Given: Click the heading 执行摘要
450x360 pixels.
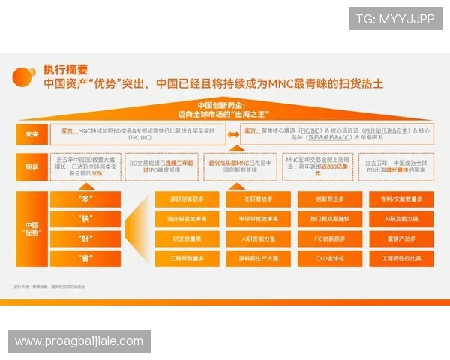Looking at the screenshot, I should pyautogui.click(x=66, y=69).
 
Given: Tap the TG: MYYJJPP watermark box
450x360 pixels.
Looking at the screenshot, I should pyautogui.click(x=395, y=18).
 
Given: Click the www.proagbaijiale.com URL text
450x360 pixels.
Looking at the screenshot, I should pyautogui.click(x=79, y=341).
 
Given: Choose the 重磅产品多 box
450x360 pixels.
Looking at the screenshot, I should pyautogui.click(x=403, y=238).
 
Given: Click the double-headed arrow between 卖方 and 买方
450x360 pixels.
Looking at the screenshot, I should pyautogui.click(x=233, y=134).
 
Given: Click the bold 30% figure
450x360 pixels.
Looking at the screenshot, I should pyautogui.click(x=97, y=173).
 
